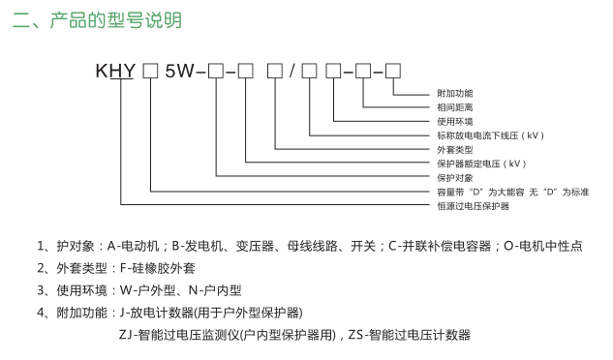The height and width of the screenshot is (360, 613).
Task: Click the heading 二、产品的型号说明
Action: pos(97,20)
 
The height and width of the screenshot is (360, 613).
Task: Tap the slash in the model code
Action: pos(291,72)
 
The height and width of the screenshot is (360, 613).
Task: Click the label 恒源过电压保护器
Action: pos(474,206)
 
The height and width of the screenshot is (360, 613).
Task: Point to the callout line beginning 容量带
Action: pos(513,192)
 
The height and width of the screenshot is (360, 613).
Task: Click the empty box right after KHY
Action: pos(151,72)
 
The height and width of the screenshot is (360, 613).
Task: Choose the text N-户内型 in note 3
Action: pos(215,290)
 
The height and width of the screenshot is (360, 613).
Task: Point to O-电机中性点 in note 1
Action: pos(543,247)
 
